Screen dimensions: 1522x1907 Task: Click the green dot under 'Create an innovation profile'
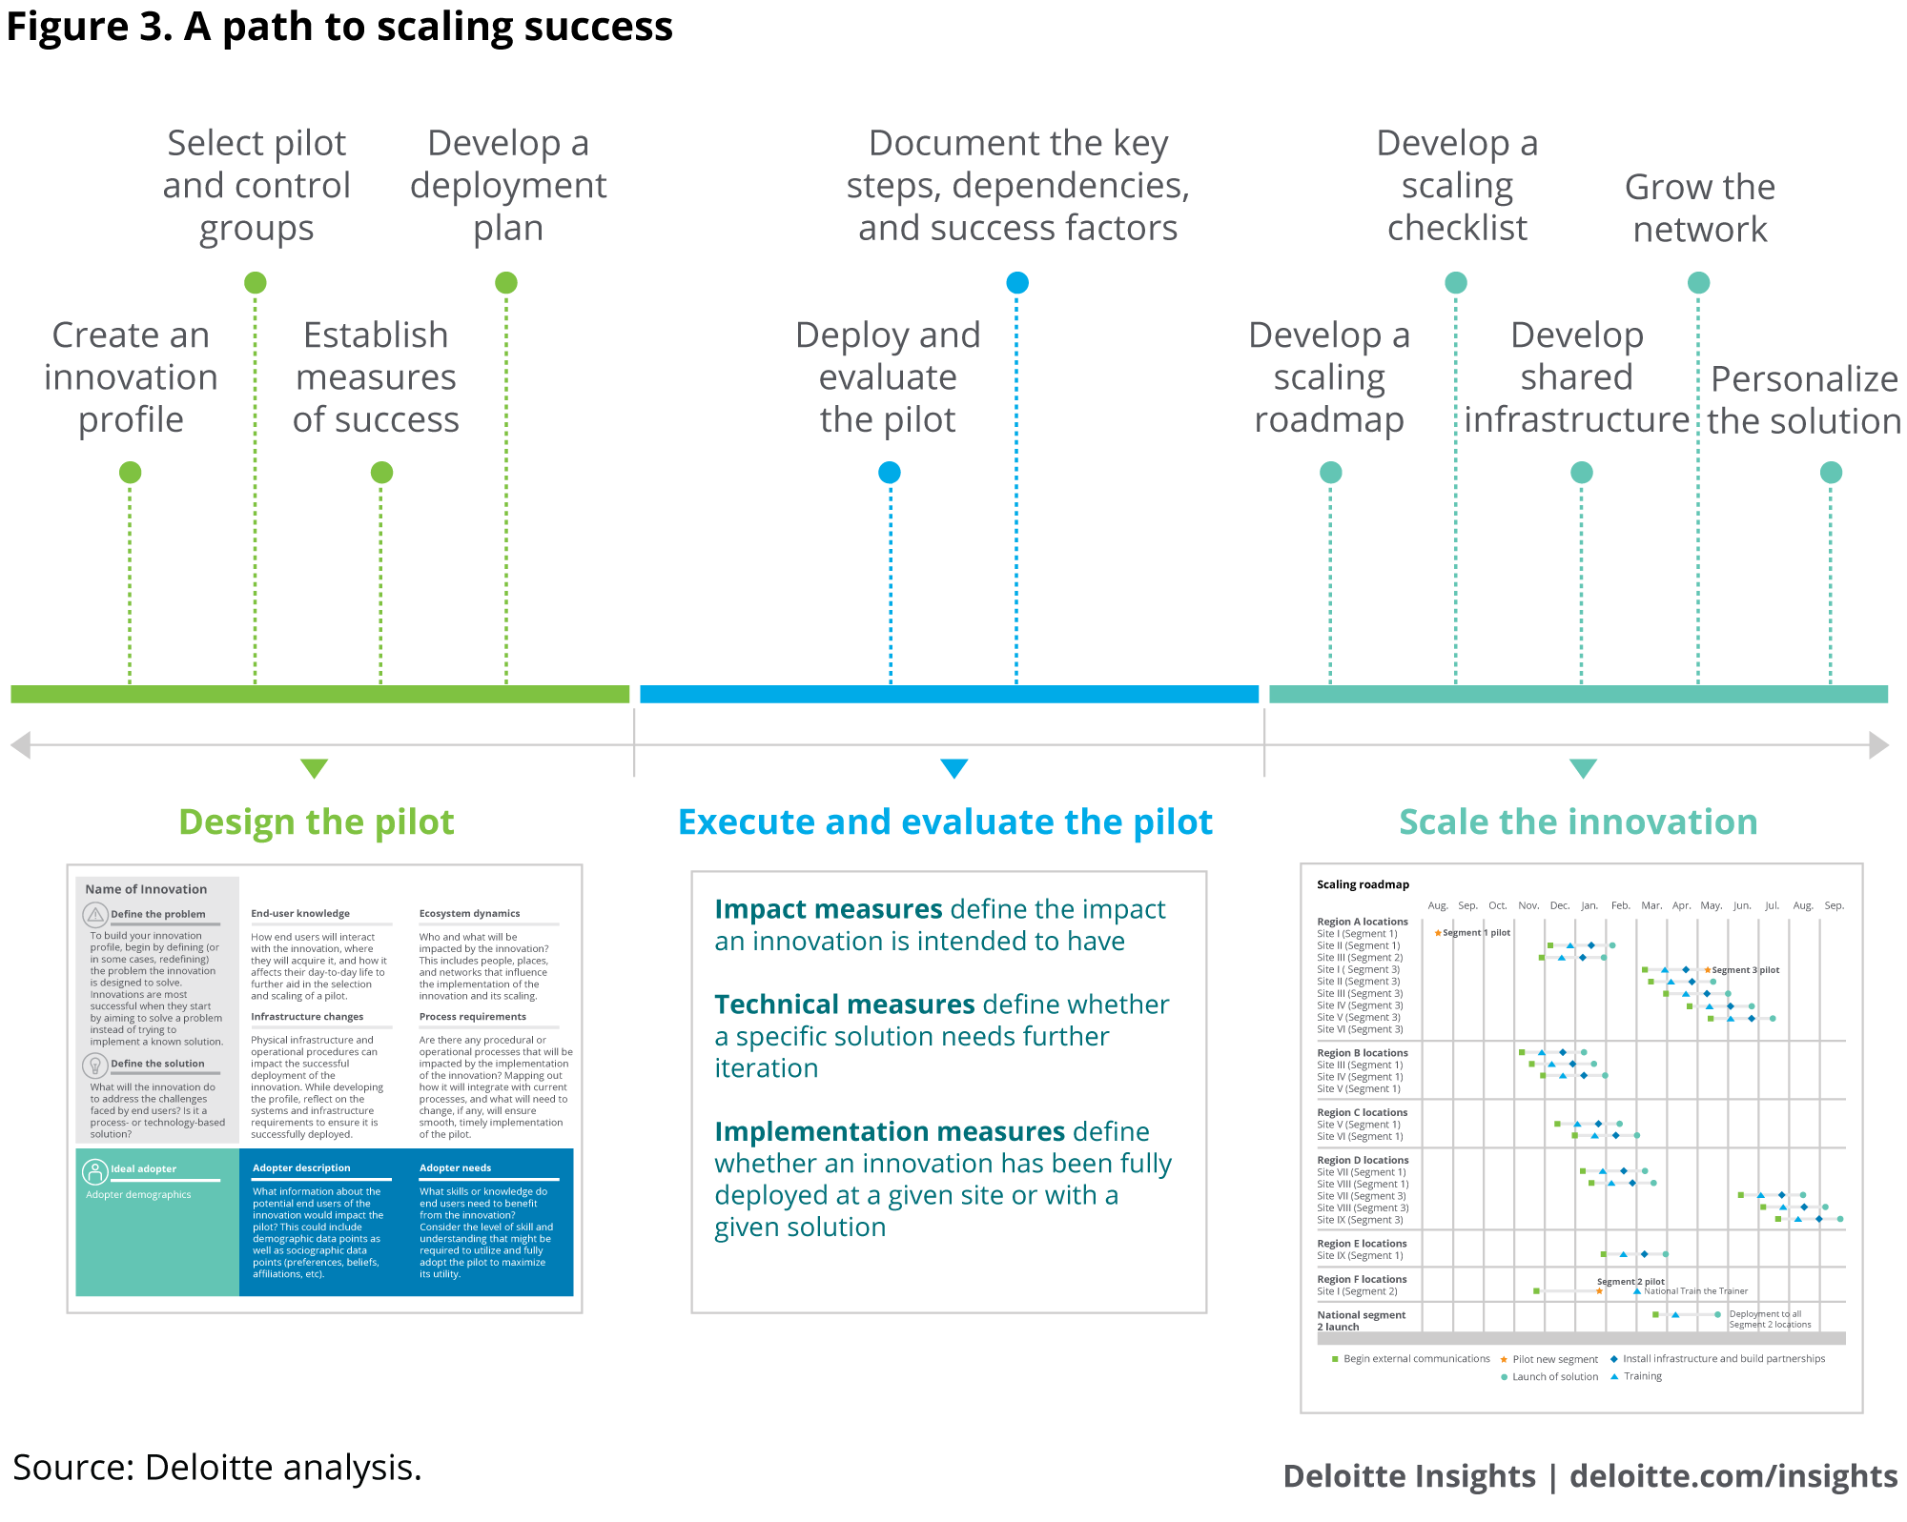[x=130, y=472]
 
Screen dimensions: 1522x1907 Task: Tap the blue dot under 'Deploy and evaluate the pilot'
[x=889, y=472]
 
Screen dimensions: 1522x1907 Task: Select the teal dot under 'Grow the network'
[x=1698, y=282]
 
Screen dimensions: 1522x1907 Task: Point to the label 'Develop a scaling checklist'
[x=1456, y=185]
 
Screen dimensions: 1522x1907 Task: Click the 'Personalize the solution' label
[x=1803, y=399]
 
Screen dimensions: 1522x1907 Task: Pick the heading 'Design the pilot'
[x=316, y=822]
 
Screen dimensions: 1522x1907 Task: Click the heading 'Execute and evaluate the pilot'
[x=944, y=822]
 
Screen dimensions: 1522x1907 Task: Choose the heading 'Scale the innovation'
[x=1578, y=822]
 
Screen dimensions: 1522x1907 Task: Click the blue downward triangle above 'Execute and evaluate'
[x=953, y=767]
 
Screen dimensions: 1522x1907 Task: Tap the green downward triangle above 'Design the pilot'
[x=314, y=767]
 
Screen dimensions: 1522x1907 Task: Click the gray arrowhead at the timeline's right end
[x=1878, y=744]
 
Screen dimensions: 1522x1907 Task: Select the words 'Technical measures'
[x=845, y=1005]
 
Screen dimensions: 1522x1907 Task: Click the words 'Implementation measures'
[x=889, y=1131]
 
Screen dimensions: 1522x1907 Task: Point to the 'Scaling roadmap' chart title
[x=1363, y=884]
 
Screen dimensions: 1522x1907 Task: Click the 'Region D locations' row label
[x=1362, y=1160]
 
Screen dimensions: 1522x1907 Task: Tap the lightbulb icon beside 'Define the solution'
[x=95, y=1065]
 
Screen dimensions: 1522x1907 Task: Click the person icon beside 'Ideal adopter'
[x=95, y=1170]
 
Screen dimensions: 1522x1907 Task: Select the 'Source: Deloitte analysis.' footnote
[x=216, y=1468]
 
